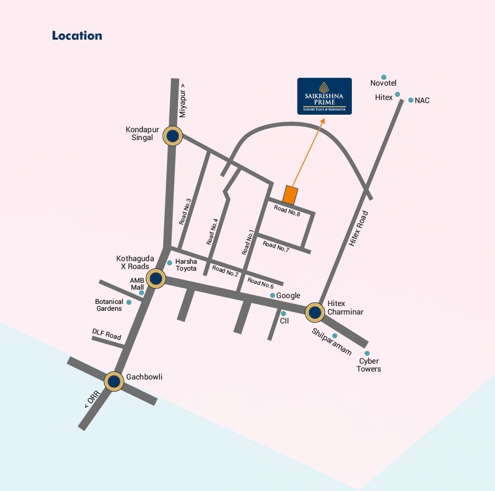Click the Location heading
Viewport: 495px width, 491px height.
(77, 36)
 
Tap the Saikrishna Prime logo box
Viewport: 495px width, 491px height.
(324, 96)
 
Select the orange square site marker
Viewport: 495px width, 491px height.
(290, 195)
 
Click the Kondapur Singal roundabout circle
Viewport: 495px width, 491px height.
(172, 136)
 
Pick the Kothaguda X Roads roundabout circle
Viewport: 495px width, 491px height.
(156, 277)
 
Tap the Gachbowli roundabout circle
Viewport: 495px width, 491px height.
(114, 381)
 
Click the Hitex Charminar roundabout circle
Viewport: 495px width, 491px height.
(315, 312)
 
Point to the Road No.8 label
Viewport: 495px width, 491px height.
(287, 211)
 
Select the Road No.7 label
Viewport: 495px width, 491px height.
(276, 246)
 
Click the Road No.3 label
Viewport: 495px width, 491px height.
(185, 211)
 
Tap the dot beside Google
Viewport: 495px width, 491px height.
(273, 295)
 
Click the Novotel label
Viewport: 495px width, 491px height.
(384, 83)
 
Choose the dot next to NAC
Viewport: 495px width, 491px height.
(410, 100)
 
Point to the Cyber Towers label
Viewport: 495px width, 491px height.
(368, 365)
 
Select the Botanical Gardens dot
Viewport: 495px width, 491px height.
(129, 302)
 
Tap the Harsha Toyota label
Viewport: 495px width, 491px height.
(186, 265)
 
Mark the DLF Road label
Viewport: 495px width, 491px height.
(107, 334)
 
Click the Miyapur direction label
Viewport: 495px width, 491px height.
(183, 100)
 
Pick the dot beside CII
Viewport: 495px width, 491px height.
(283, 313)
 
